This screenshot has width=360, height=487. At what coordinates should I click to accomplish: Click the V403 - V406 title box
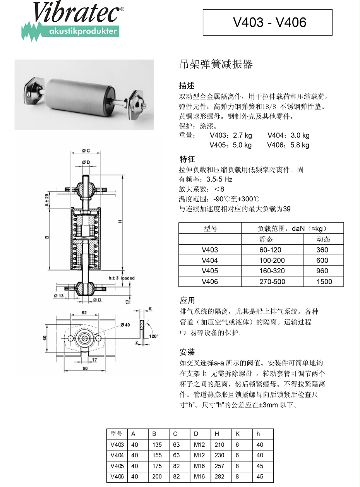[x=267, y=22]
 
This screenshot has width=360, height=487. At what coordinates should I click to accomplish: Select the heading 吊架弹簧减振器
[x=216, y=65]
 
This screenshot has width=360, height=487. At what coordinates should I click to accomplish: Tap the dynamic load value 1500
[x=324, y=281]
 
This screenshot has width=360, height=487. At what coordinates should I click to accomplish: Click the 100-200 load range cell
[x=272, y=261]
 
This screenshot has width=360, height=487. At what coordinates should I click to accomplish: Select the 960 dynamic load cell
[x=322, y=271]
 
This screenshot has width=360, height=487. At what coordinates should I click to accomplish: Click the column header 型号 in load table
[x=210, y=228]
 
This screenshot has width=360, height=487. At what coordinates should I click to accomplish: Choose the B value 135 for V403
[x=157, y=445]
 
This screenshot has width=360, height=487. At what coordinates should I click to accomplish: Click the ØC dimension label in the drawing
[x=86, y=151]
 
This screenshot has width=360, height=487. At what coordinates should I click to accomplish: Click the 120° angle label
[x=154, y=336]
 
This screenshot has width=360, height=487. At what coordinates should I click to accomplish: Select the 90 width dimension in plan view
[x=85, y=368]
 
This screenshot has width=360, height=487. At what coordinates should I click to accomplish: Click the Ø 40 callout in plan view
[x=125, y=324]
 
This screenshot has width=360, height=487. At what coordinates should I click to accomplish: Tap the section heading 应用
[x=187, y=300]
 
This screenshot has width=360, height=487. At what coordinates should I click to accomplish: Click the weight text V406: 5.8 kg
[x=288, y=145]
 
